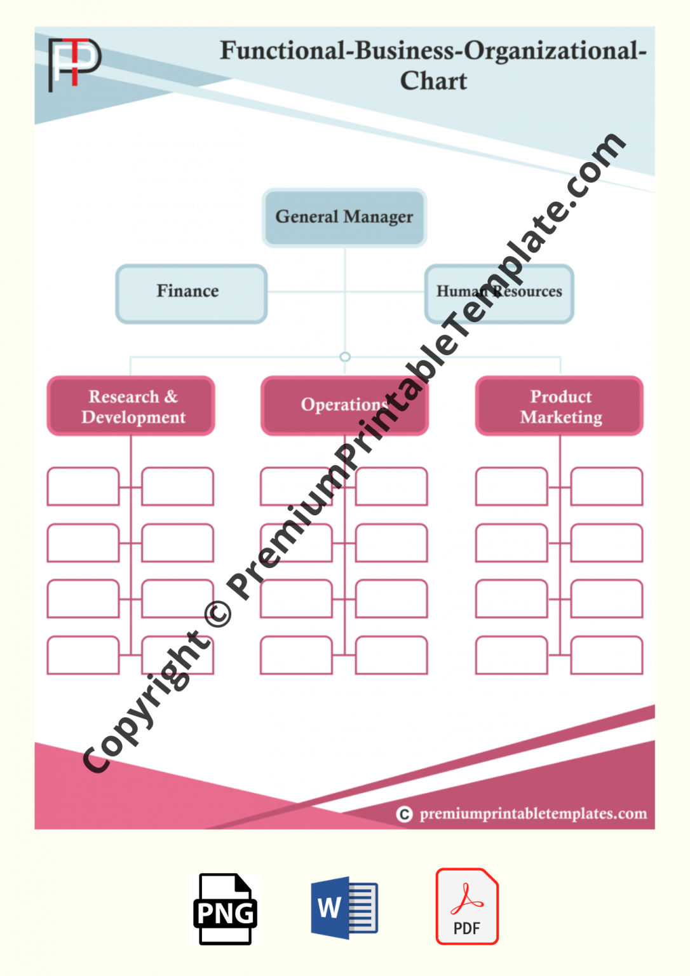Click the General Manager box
pos(344,217)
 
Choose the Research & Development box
pos(131,406)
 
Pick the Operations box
pos(344,406)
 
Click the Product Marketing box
pos(560,406)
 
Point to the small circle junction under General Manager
pos(345,357)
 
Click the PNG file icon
pos(226,909)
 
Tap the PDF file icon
pos(467,907)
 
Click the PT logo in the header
pos(74,63)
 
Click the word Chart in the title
pos(433,81)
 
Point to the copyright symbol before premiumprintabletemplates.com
pos(404,814)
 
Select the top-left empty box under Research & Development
pos(83,487)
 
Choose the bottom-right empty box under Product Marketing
pos(607,655)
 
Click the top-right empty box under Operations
pos(391,487)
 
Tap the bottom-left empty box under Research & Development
pos(83,655)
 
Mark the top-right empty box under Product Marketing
pos(607,487)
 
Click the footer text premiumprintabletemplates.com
pos(533,814)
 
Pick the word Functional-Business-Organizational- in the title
pos(433,51)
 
